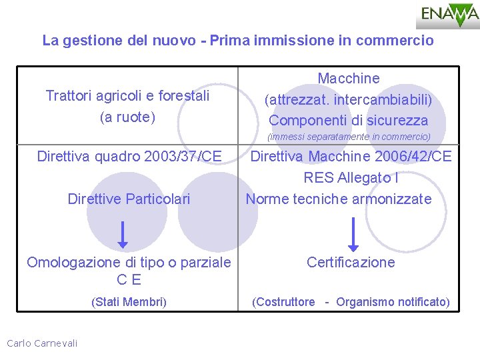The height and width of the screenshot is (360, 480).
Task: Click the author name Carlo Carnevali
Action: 42,343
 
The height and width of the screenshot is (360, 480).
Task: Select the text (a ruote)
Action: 127,117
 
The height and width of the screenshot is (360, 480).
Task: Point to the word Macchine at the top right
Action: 348,79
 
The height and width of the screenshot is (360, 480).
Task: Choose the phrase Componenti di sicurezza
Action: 348,121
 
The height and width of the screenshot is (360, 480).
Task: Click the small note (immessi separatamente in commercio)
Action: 349,137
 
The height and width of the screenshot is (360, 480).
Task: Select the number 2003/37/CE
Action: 178,157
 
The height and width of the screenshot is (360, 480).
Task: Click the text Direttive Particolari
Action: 129,199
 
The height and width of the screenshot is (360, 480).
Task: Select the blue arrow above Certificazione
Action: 353,234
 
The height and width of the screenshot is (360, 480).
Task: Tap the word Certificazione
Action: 351,262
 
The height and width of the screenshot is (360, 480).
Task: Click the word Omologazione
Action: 74,263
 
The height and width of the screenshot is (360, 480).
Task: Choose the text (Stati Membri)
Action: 129,302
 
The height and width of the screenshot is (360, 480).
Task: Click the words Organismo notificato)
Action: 393,302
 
